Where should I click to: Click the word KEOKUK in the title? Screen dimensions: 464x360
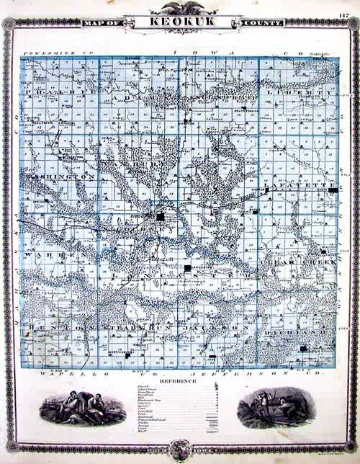pos(179,22)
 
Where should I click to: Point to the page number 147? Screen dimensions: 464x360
pos(343,14)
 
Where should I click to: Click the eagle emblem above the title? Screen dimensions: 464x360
pos(179,8)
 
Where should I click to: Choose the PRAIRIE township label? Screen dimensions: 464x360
pos(58,93)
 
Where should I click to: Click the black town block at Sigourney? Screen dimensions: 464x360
pos(161,215)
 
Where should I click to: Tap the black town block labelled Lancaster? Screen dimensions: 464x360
pos(188,268)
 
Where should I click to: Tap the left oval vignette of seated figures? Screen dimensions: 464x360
pos(73,408)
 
